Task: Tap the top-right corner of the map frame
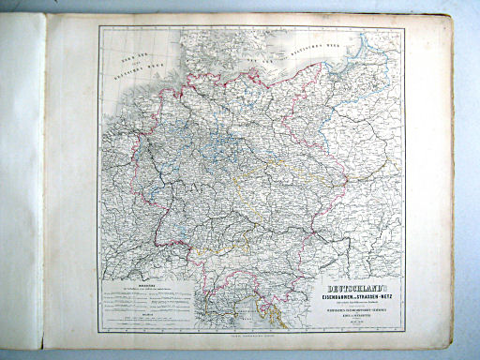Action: tap(404, 28)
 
